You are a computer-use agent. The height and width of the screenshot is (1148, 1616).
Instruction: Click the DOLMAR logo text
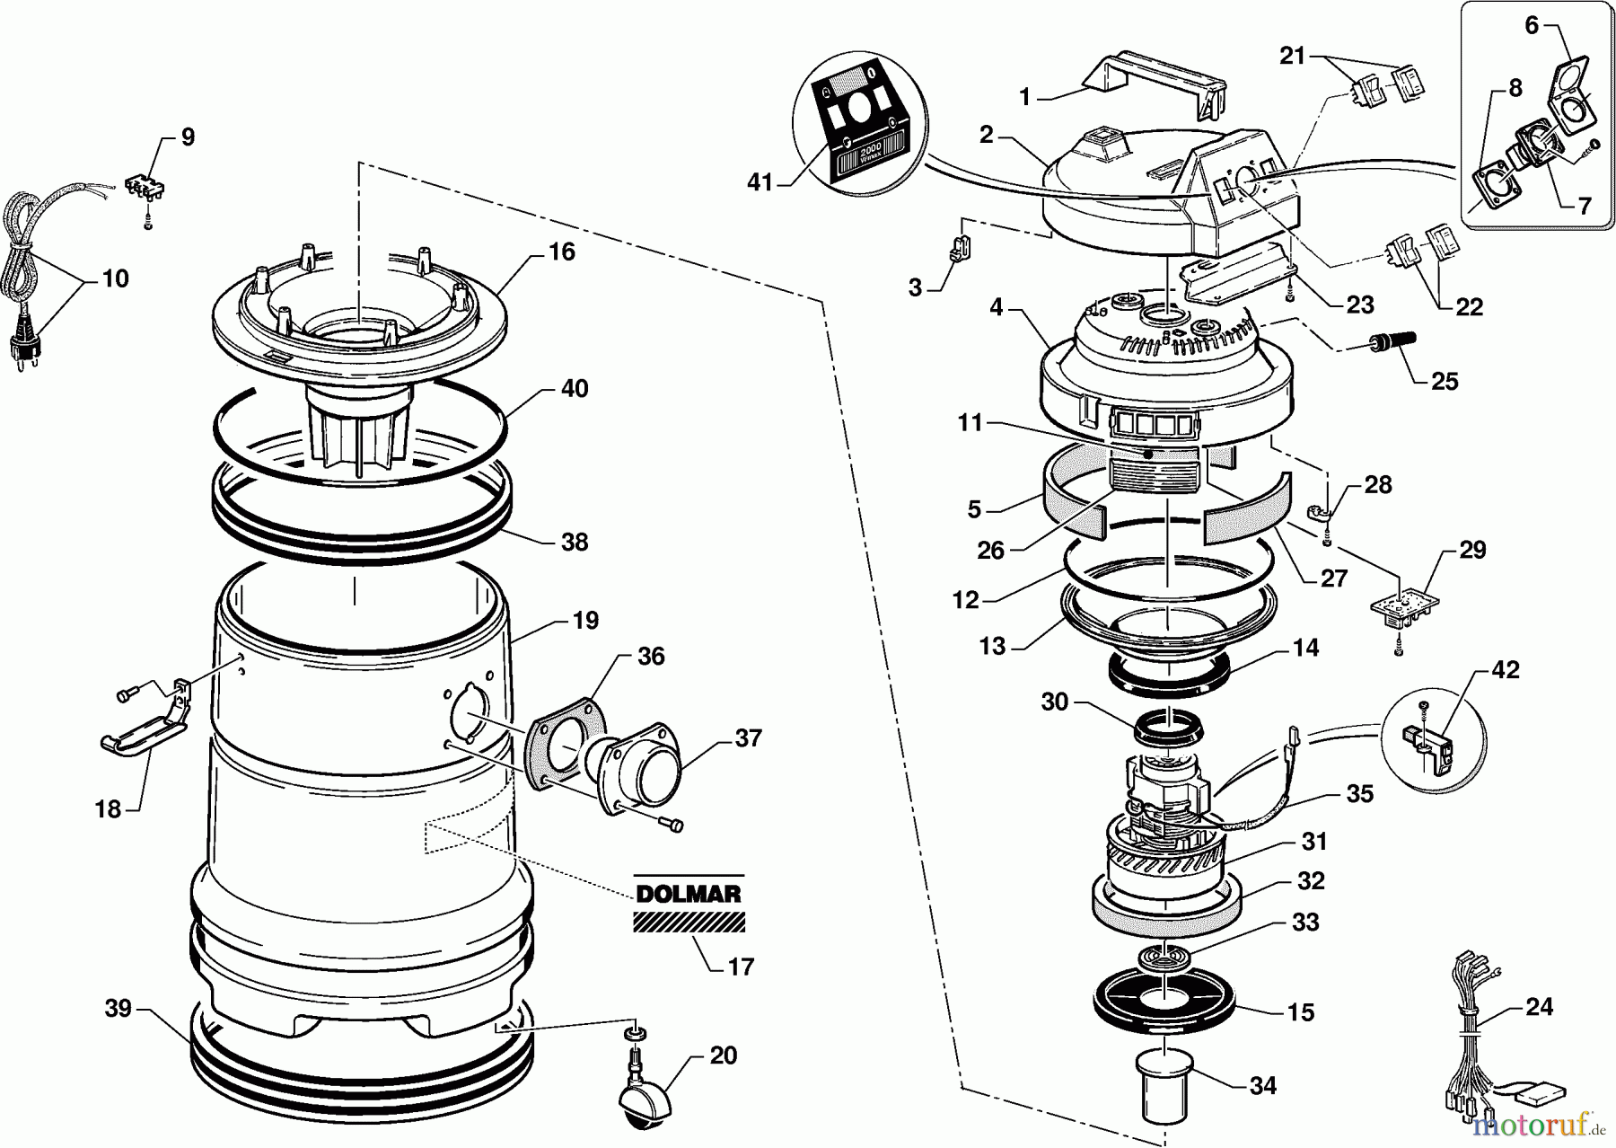coord(689,895)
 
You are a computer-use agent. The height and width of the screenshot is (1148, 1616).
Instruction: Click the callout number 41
coord(760,183)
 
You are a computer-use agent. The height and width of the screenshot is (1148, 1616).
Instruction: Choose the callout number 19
coord(585,621)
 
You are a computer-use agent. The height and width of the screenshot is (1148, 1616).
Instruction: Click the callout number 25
coord(1445,381)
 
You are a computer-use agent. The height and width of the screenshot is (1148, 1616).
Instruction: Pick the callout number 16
coord(561,252)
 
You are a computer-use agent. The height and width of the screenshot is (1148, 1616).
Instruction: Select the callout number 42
coord(1505,670)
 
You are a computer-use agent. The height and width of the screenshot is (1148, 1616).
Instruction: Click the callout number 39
coord(118,1009)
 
